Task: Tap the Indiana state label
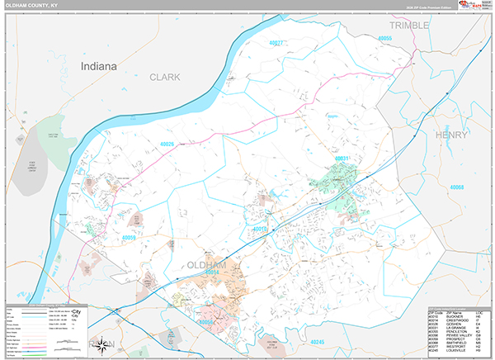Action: [98, 65]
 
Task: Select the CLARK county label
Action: [164, 77]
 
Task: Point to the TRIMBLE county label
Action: [409, 26]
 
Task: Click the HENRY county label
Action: [451, 134]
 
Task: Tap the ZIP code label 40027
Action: [277, 42]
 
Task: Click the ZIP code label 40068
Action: [459, 187]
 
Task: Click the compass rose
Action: [103, 344]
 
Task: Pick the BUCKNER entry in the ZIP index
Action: [462, 316]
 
